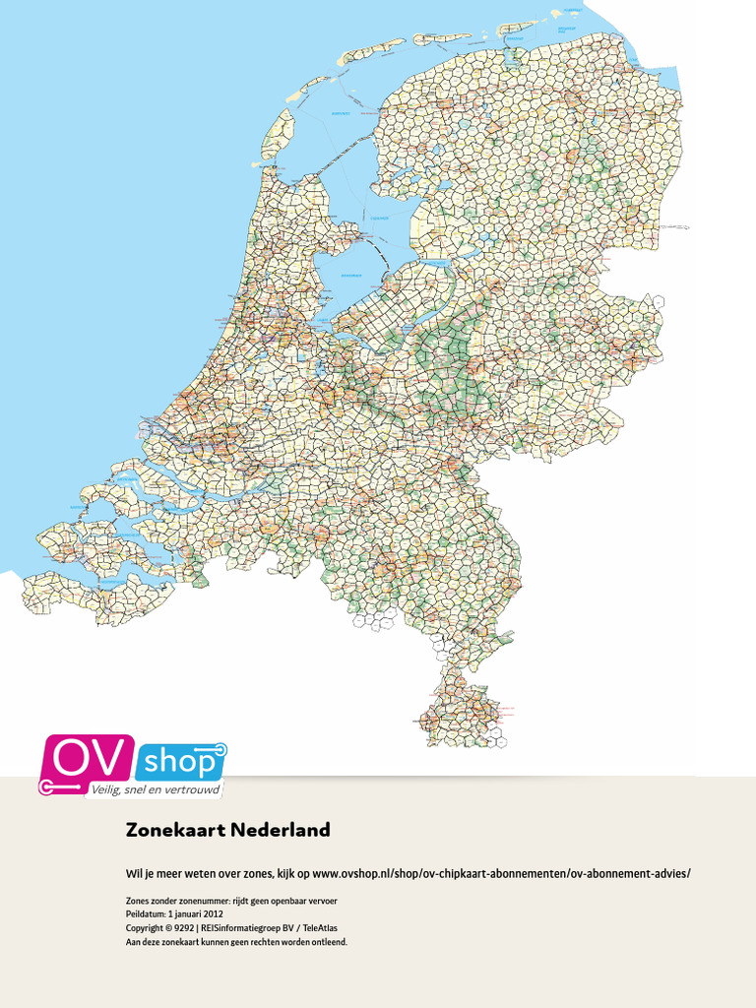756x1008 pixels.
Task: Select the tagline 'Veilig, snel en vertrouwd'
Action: pyautogui.click(x=156, y=789)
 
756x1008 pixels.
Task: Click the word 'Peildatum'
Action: pyautogui.click(x=146, y=914)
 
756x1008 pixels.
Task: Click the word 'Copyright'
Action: pyautogui.click(x=145, y=928)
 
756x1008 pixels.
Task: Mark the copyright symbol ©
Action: pyautogui.click(x=168, y=928)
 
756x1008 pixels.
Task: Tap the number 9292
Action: pyautogui.click(x=183, y=928)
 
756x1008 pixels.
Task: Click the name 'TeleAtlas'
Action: pyautogui.click(x=320, y=928)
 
